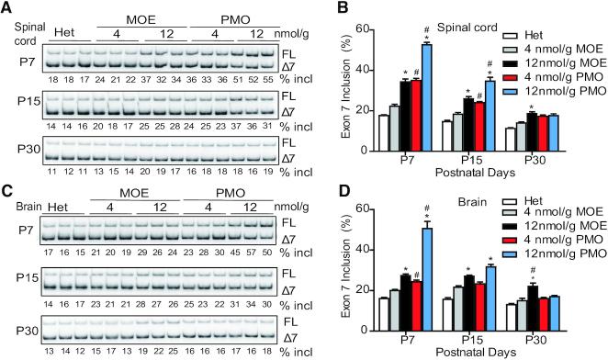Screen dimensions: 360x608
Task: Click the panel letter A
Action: (7, 8)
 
